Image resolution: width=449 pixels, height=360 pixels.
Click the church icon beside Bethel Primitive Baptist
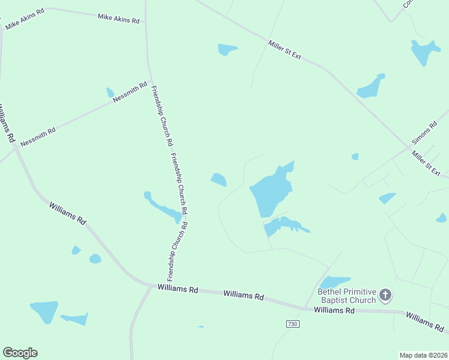tap(385, 295)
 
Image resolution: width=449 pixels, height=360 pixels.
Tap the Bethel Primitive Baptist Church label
tap(346, 296)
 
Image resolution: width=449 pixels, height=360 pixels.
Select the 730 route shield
tap(292, 324)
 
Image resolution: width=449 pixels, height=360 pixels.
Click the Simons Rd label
tap(424, 134)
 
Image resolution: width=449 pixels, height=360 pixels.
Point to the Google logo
tap(20, 353)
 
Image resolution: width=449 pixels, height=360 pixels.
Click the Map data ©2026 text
tap(423, 355)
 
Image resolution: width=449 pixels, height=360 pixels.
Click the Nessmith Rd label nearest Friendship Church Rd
tap(130, 94)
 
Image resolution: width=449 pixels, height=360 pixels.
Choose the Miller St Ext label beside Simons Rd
tap(426, 164)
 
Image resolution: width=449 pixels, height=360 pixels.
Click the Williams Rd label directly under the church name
tap(334, 310)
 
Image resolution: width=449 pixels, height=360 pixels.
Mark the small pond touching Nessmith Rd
tap(110, 92)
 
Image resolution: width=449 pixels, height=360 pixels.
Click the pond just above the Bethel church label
tap(334, 281)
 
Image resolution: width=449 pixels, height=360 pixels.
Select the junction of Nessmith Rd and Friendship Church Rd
tap(150, 82)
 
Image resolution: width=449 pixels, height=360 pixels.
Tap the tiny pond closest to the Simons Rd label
tap(355, 157)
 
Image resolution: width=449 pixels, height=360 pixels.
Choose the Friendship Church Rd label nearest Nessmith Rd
tap(161, 117)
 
